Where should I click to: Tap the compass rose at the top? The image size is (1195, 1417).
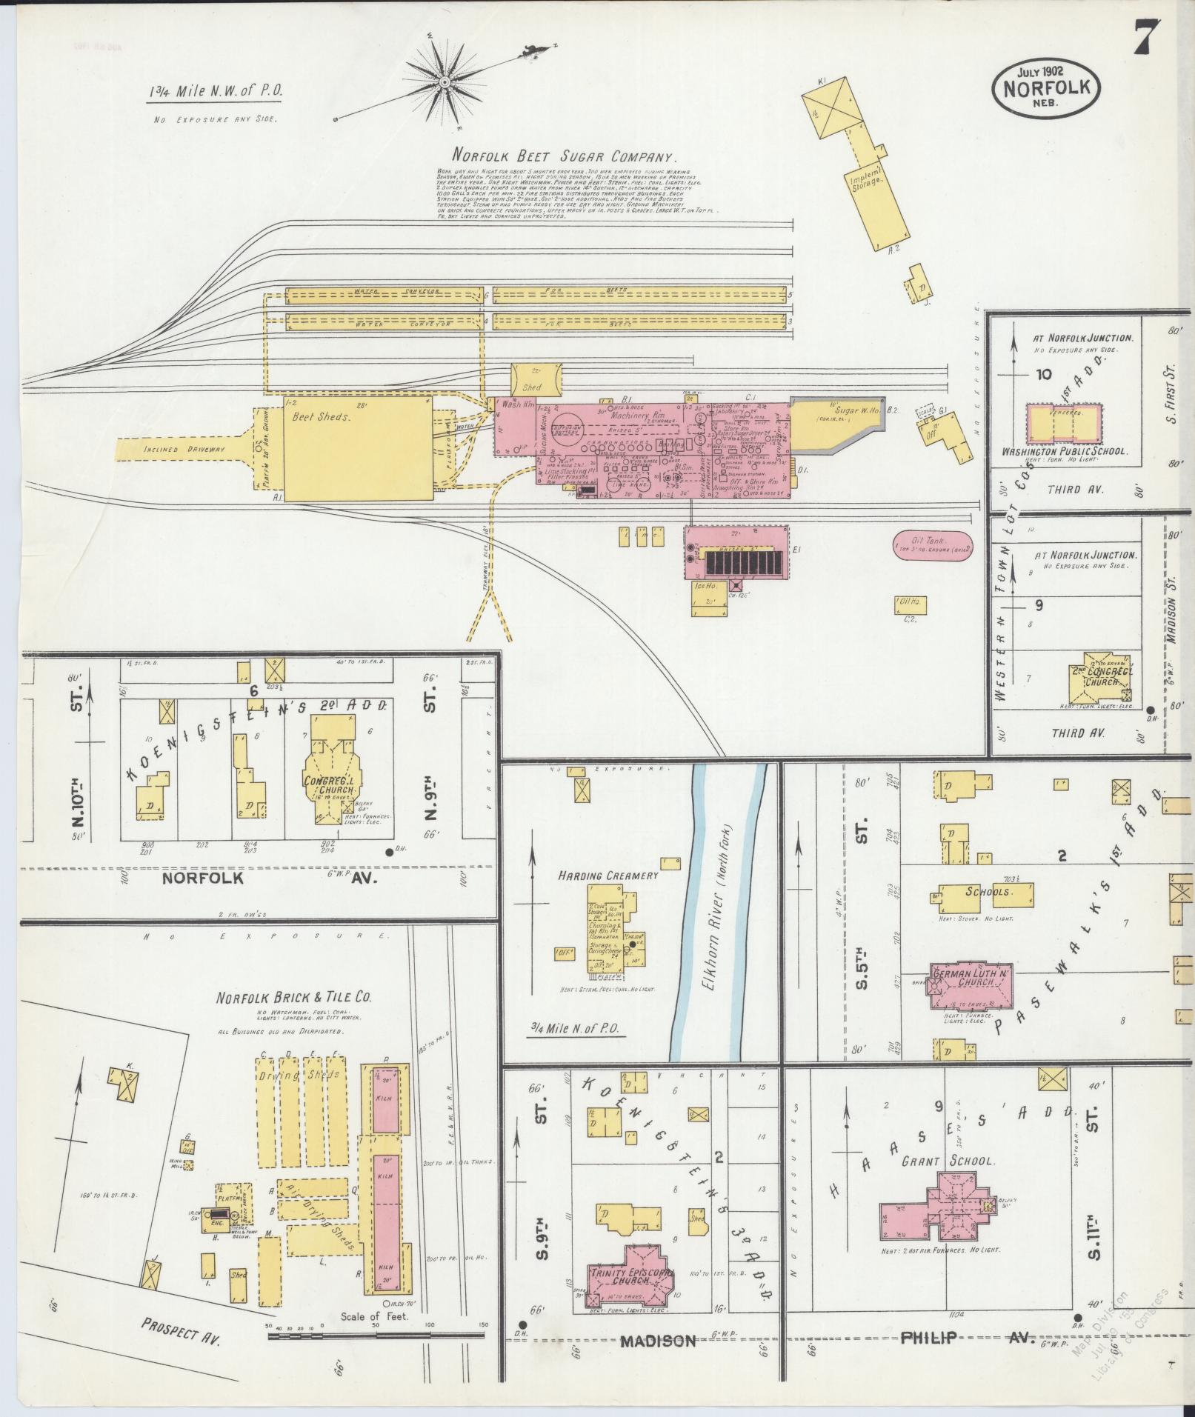pyautogui.click(x=445, y=81)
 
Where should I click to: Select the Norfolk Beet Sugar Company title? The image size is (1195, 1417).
pyautogui.click(x=565, y=157)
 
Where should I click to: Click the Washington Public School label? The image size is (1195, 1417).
pyautogui.click(x=1064, y=450)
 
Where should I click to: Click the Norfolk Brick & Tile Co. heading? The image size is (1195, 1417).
pyautogui.click(x=293, y=997)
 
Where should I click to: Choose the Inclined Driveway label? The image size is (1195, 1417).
pyautogui.click(x=180, y=450)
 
